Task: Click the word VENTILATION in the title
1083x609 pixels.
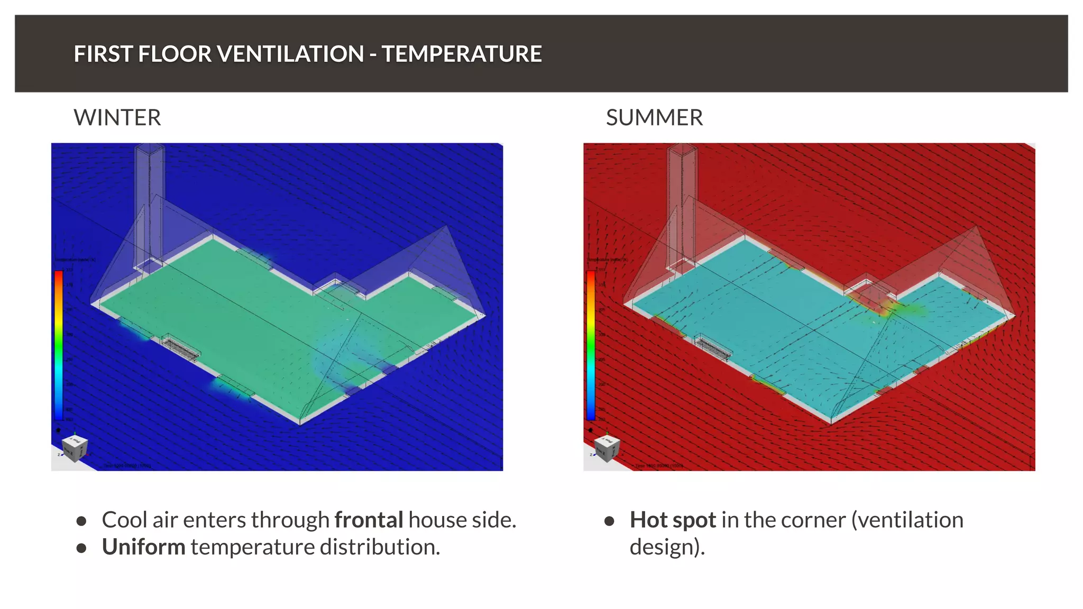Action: coord(290,54)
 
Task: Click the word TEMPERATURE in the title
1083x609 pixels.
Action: coord(462,54)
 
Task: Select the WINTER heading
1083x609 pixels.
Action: coord(117,117)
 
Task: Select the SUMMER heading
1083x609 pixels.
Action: coord(654,117)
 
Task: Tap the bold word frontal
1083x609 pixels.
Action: coord(369,520)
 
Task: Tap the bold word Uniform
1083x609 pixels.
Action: coord(143,547)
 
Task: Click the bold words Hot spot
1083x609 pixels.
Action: coord(673,520)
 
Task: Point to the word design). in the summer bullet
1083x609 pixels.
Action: coord(667,547)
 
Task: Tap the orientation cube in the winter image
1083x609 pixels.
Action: coord(75,447)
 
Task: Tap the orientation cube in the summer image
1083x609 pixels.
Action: coord(607,447)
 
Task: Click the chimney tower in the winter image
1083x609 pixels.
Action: coord(150,201)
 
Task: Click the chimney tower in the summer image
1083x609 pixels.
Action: coord(682,201)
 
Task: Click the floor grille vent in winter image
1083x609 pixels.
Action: coord(181,348)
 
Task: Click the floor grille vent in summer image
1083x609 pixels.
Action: coord(714,348)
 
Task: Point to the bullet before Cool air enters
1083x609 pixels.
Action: coord(81,521)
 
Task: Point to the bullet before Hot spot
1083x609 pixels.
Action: coord(609,521)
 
